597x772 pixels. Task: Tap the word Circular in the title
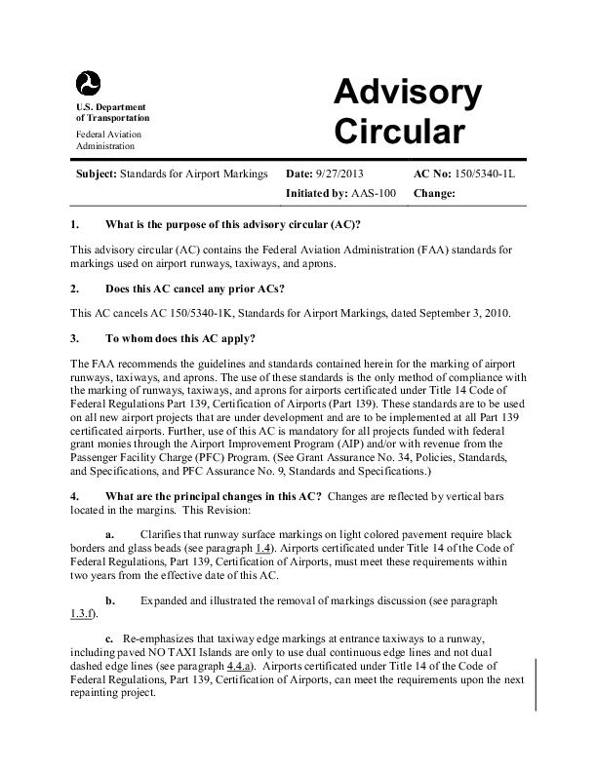pos(399,131)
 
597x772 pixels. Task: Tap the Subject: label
pos(96,174)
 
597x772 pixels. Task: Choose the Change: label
pos(435,193)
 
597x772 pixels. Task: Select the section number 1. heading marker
pos(75,225)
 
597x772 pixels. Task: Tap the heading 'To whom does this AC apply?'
pos(180,338)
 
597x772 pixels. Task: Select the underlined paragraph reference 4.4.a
pos(240,662)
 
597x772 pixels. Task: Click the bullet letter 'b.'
pos(110,598)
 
